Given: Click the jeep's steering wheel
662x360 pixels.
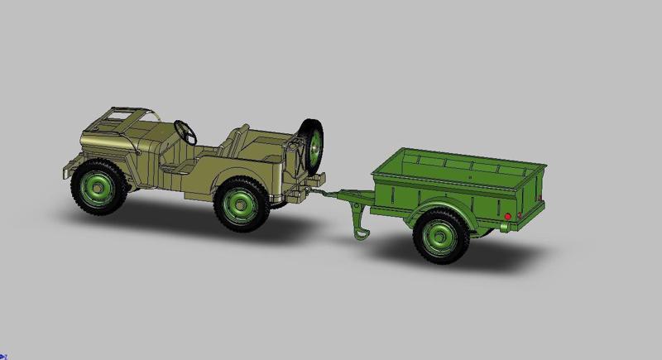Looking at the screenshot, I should tap(185, 129).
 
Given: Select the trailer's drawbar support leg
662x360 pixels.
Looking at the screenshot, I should tap(360, 224).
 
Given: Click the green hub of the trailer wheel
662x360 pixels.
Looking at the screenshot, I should tap(439, 236).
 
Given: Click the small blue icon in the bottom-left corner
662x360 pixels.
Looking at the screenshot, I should tap(3, 356).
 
